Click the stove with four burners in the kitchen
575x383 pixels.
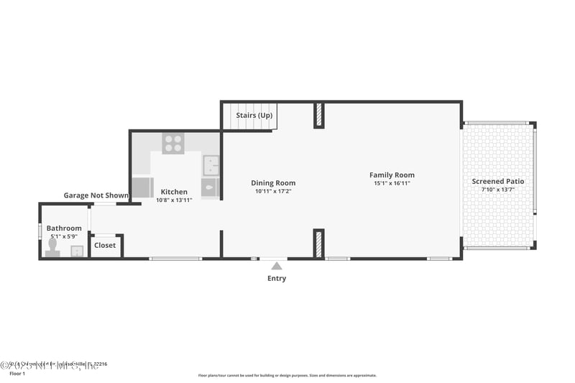172,143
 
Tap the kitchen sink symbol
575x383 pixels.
211,165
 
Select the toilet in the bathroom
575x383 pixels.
52,247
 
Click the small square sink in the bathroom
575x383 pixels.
77,250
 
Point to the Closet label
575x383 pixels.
105,245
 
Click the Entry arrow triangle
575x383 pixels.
277,266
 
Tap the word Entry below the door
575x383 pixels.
277,278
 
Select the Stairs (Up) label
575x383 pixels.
254,115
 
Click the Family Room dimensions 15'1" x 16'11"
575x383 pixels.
392,183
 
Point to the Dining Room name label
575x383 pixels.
273,183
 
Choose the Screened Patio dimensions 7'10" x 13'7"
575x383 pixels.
497,190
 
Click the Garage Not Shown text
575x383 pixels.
96,195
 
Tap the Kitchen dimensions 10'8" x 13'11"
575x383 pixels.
174,200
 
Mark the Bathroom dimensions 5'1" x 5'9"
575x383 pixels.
64,236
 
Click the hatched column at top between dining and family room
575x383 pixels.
319,116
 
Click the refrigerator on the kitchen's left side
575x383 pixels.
143,188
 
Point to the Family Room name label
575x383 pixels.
392,175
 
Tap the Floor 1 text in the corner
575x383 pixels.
16,374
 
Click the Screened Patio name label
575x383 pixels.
497,181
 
